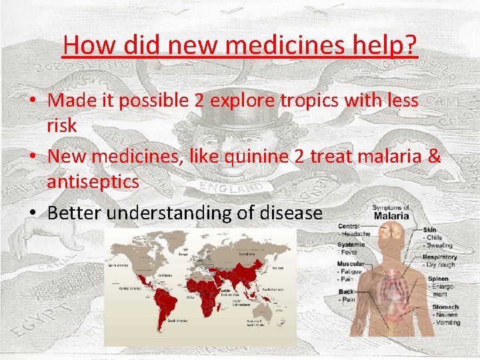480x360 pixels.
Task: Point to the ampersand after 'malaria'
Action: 434,157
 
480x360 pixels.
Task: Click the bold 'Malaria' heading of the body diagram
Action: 391,215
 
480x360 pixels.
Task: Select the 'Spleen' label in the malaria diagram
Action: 438,279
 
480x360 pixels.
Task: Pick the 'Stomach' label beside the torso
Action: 445,307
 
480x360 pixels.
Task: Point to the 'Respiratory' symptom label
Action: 439,257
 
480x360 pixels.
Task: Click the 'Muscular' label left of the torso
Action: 351,264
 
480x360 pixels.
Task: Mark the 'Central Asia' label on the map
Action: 247,254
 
